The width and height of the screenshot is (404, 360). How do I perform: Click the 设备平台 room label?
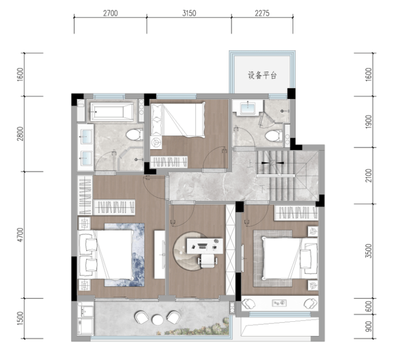point(262,75)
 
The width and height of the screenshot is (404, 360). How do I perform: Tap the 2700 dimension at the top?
point(110,13)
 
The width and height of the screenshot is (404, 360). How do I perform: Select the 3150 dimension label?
point(189,13)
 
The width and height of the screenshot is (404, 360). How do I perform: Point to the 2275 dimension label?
point(262,13)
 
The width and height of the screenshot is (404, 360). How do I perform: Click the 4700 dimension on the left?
point(20,235)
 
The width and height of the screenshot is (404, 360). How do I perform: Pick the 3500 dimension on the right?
point(369,251)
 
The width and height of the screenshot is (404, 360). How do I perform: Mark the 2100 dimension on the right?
point(369,175)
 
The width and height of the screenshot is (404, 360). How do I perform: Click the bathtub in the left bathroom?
point(112,111)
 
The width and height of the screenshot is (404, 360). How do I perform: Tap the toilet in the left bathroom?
point(135,134)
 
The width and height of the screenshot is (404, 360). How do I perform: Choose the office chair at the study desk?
point(207,261)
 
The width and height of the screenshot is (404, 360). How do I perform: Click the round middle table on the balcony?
point(157,320)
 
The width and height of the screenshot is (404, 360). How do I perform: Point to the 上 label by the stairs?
point(249,164)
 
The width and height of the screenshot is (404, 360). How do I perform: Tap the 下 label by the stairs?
point(262,189)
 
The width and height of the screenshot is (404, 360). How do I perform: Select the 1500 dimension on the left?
point(20,318)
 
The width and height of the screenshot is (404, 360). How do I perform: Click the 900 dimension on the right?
point(369,327)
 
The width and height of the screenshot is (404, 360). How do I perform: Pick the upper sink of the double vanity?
point(86,135)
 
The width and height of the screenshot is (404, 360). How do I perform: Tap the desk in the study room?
point(205,246)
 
